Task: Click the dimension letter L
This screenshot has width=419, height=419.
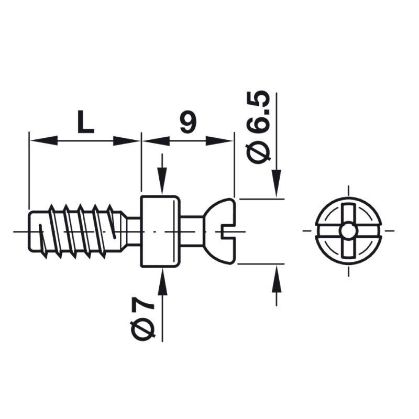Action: pyautogui.click(x=85, y=122)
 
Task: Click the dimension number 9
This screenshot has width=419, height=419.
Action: pyautogui.click(x=188, y=122)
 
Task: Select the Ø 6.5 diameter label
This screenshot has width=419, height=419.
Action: pyautogui.click(x=258, y=127)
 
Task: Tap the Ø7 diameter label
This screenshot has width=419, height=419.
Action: pyautogui.click(x=142, y=319)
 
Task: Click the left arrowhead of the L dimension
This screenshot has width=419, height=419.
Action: pyautogui.click(x=43, y=140)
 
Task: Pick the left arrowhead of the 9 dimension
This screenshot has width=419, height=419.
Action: pyautogui.click(x=156, y=140)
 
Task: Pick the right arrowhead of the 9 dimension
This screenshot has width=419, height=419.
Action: pyautogui.click(x=219, y=140)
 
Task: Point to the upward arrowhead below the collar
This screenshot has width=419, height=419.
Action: pyautogui.click(x=162, y=282)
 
